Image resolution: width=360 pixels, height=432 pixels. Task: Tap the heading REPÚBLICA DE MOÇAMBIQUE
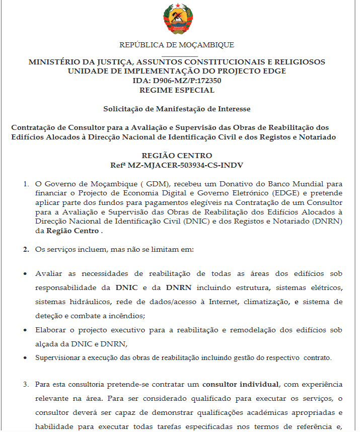pos(177,45)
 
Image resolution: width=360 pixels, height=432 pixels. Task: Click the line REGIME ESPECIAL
pos(177,90)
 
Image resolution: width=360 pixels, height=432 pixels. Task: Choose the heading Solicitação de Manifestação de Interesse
pos(177,109)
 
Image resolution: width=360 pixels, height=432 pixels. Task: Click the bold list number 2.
pos(26,249)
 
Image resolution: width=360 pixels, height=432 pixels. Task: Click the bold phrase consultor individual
pos(241,385)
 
